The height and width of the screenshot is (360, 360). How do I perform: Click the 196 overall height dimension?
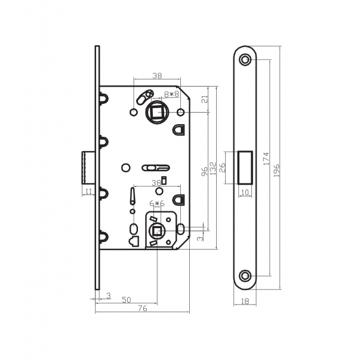pos(277,170)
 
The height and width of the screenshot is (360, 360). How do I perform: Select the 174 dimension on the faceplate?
pos(266,158)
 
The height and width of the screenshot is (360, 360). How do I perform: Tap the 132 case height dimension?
pos(213,168)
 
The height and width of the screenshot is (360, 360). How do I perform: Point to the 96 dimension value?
pos(204,171)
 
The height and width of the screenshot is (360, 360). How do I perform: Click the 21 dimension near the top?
pos(205,99)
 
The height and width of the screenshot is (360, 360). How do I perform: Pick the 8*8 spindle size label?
pos(171,94)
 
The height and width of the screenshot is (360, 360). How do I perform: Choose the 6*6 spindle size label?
pos(157,203)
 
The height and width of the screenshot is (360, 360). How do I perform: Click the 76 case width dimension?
pos(142,308)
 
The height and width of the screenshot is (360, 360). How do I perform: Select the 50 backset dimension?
pos(127,300)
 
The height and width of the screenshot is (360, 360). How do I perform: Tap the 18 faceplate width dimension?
pos(245,301)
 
